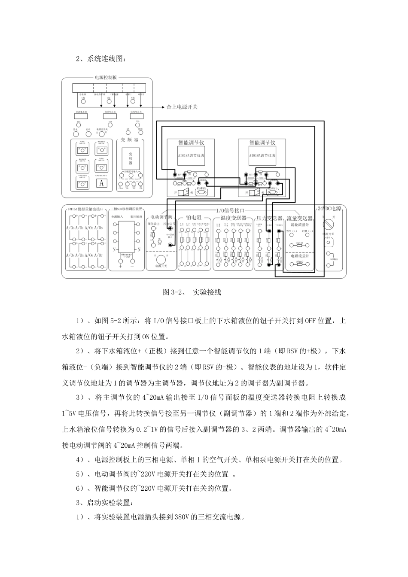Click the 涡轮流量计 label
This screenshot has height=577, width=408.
300,224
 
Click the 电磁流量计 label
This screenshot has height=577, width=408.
300,255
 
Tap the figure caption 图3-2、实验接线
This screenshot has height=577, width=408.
192,292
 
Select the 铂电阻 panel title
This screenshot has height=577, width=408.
194,219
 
